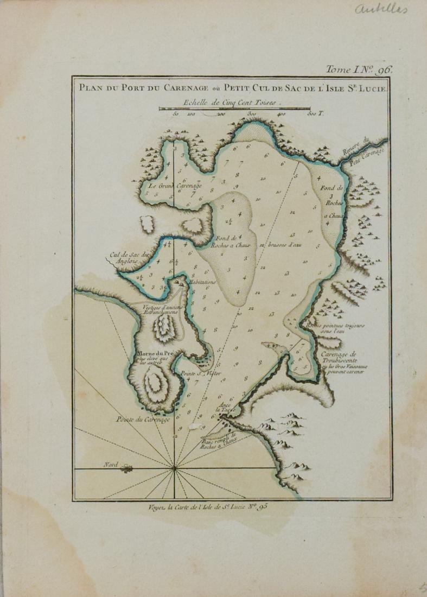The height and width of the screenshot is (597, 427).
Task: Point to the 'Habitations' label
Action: pyautogui.click(x=202, y=282)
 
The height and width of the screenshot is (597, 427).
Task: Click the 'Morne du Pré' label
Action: pyautogui.click(x=154, y=352)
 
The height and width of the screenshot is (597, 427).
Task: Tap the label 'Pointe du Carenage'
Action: pyautogui.click(x=143, y=419)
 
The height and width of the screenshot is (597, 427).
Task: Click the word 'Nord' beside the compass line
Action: pyautogui.click(x=112, y=465)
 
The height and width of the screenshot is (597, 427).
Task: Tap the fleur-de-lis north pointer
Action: pyautogui.click(x=128, y=467)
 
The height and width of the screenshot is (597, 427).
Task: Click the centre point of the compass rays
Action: pyautogui.click(x=174, y=467)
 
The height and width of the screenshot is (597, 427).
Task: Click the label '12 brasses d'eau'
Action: pyautogui.click(x=280, y=245)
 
